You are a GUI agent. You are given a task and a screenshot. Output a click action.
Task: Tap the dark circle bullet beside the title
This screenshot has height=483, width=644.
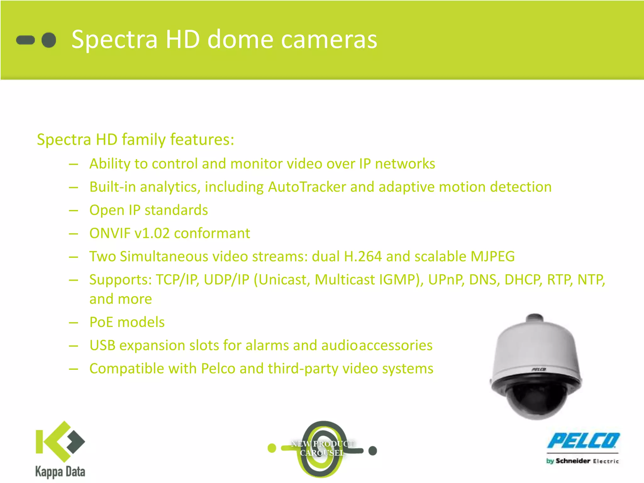pos(49,40)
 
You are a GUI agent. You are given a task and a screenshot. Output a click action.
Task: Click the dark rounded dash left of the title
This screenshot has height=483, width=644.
pos(25,40)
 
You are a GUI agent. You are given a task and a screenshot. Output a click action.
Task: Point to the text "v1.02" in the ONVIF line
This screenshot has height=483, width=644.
pos(152,233)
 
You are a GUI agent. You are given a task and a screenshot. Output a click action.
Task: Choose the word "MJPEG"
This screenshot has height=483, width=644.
pos(492,257)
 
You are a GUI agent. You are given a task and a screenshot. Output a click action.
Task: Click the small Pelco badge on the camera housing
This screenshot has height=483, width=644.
pos(539,369)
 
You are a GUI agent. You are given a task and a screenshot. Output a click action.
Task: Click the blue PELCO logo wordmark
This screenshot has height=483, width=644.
pos(583,441)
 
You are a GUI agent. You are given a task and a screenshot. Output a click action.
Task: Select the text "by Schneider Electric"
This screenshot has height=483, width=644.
pos(582,461)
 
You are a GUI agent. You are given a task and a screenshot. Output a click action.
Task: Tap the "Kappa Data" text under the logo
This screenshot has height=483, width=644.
pos(60,472)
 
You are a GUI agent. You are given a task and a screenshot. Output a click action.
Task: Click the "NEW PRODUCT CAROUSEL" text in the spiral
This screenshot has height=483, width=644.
pos(322,448)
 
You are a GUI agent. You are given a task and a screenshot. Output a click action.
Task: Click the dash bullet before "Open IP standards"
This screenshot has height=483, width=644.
pos(74,210)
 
